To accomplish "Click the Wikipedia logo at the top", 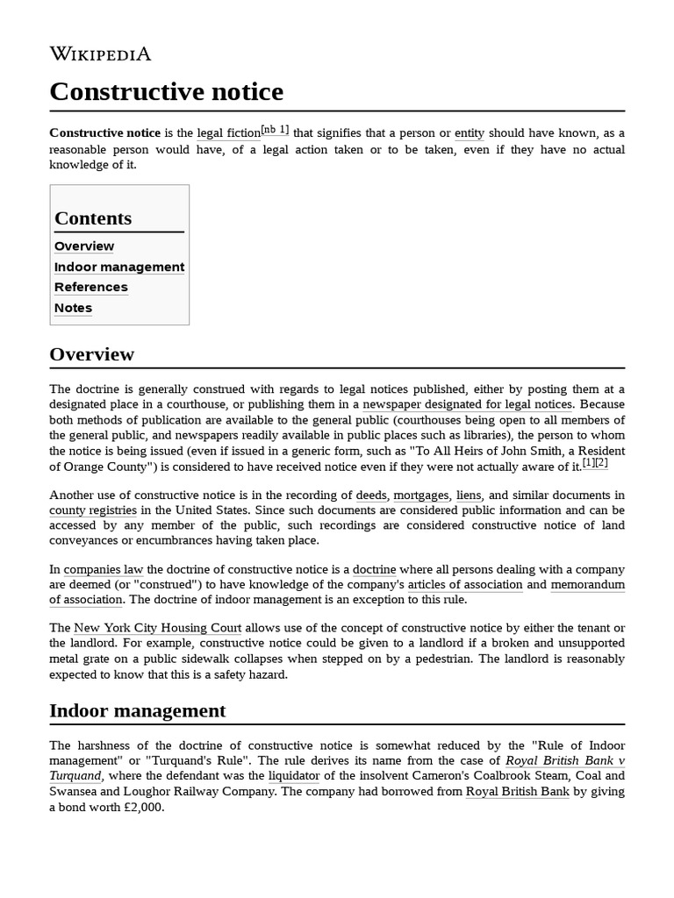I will [100, 54].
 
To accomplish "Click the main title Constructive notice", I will [166, 91].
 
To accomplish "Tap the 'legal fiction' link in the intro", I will [228, 133].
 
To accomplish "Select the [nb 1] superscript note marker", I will [276, 130].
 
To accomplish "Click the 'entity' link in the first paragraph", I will [470, 133].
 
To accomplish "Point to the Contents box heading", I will [93, 218].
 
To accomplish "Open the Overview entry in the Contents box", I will [84, 246].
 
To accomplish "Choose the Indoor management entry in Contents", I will [119, 267].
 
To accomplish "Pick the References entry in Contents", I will [91, 287].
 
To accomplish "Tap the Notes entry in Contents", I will [73, 308].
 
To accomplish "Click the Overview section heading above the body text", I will [92, 354].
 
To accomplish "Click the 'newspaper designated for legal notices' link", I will [468, 404].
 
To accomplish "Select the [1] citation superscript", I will [588, 463].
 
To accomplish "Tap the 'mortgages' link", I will [421, 495].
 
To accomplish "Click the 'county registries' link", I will [93, 510].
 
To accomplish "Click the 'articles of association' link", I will [465, 585].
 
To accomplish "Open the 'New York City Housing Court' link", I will [157, 628].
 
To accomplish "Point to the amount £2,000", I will [144, 808].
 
